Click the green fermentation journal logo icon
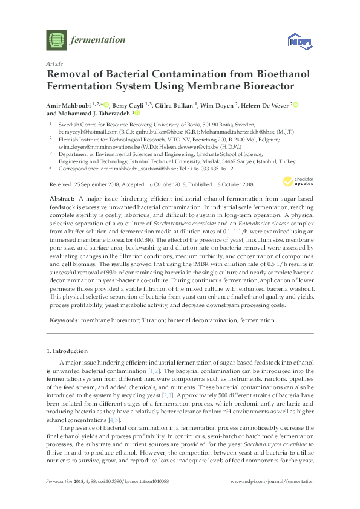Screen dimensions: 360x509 click(56, 41)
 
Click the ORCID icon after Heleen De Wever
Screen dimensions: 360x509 click(296, 105)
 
